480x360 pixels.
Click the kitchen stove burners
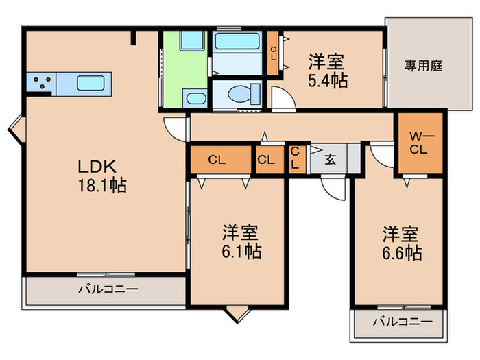pyautogui.click(x=41, y=84)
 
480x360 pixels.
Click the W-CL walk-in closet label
pyautogui.click(x=418, y=143)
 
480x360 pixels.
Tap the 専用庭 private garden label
pyautogui.click(x=424, y=67)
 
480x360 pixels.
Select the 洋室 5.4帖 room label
pyautogui.click(x=326, y=71)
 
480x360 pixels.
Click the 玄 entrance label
pyautogui.click(x=330, y=160)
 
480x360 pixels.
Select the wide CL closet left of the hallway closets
pyautogui.click(x=218, y=160)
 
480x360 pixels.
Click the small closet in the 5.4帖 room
pyautogui.click(x=273, y=53)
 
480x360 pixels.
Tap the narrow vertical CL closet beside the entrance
pyautogui.click(x=295, y=158)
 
